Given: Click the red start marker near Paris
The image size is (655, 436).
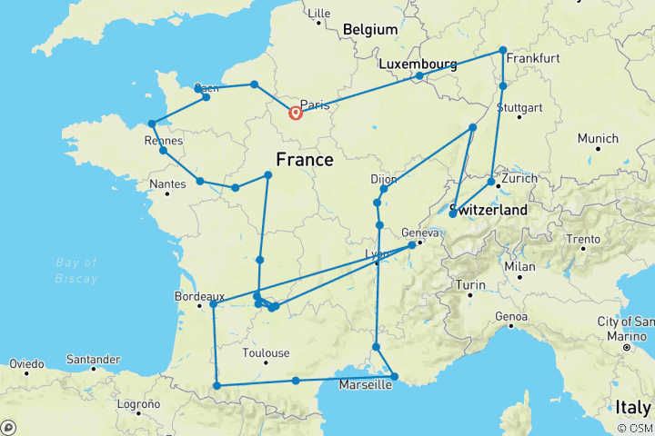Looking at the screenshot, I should coord(296,114).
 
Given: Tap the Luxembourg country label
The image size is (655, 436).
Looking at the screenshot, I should coord(418,64).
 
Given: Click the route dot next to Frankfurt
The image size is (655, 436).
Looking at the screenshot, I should coord(503,51).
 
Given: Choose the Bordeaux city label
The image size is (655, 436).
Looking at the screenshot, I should coord(198,296).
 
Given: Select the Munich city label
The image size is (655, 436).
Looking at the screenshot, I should coord(597,139).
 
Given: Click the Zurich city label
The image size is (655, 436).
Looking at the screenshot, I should coord(519,178).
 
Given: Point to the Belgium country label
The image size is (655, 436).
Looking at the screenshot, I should coord(370,30).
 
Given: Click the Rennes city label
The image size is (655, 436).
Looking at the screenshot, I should coord(164,141).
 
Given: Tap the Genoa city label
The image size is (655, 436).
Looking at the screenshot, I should coord(510,316).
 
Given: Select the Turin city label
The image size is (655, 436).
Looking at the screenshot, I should coord(471,285).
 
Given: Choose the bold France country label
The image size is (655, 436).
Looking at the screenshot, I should coord(304,160).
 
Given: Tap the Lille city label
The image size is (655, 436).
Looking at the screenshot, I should coord(319,14).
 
